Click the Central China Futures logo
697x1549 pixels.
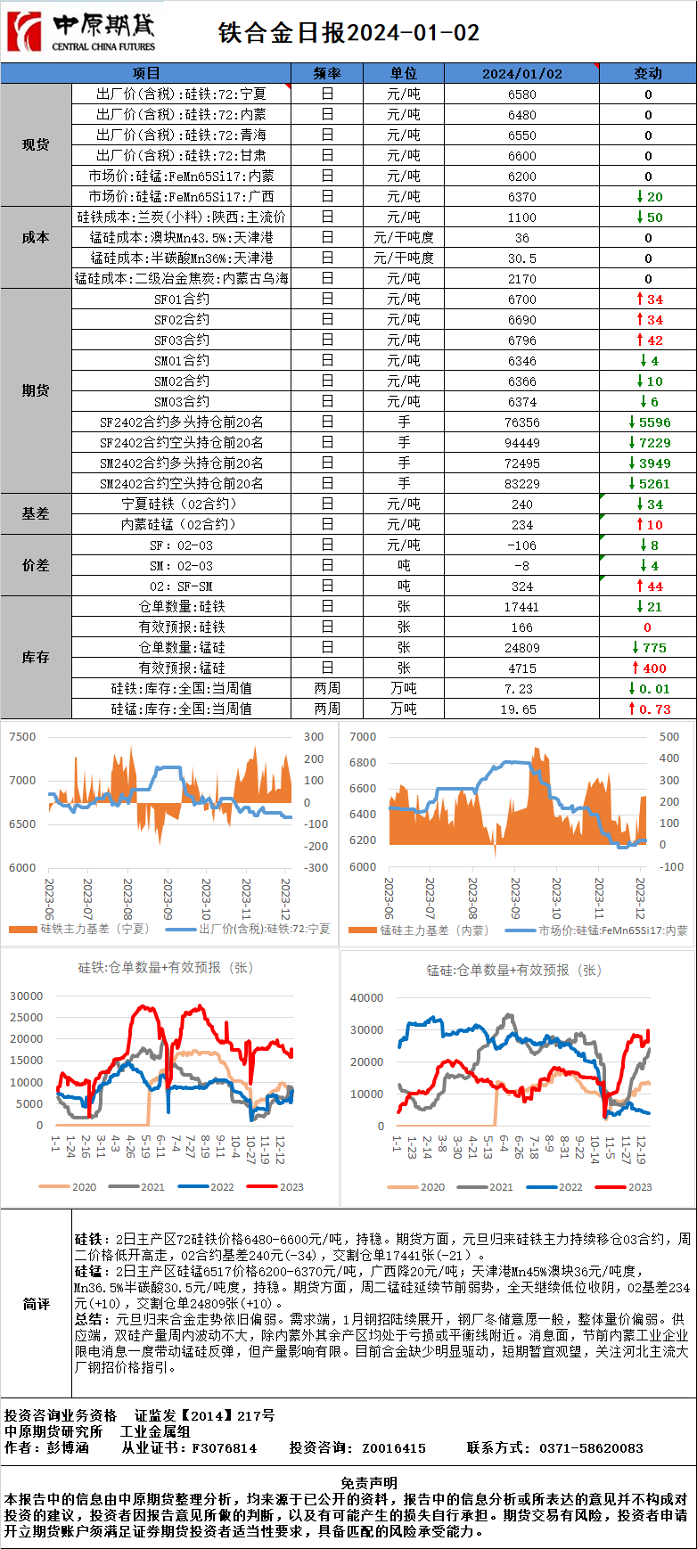[81, 33]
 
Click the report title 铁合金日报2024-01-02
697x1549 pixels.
[349, 33]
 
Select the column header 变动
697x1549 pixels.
[647, 73]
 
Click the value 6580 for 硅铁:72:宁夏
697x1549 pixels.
[522, 94]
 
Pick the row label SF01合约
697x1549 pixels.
[182, 299]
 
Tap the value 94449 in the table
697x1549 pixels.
[522, 443]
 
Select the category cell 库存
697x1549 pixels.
[36, 657]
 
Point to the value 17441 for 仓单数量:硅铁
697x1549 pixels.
[522, 607]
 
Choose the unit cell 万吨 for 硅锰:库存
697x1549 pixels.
[404, 709]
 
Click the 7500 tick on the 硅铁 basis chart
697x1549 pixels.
[22, 737]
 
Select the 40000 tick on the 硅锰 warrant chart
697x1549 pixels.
[366, 998]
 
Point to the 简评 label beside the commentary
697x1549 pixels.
[36, 1304]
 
